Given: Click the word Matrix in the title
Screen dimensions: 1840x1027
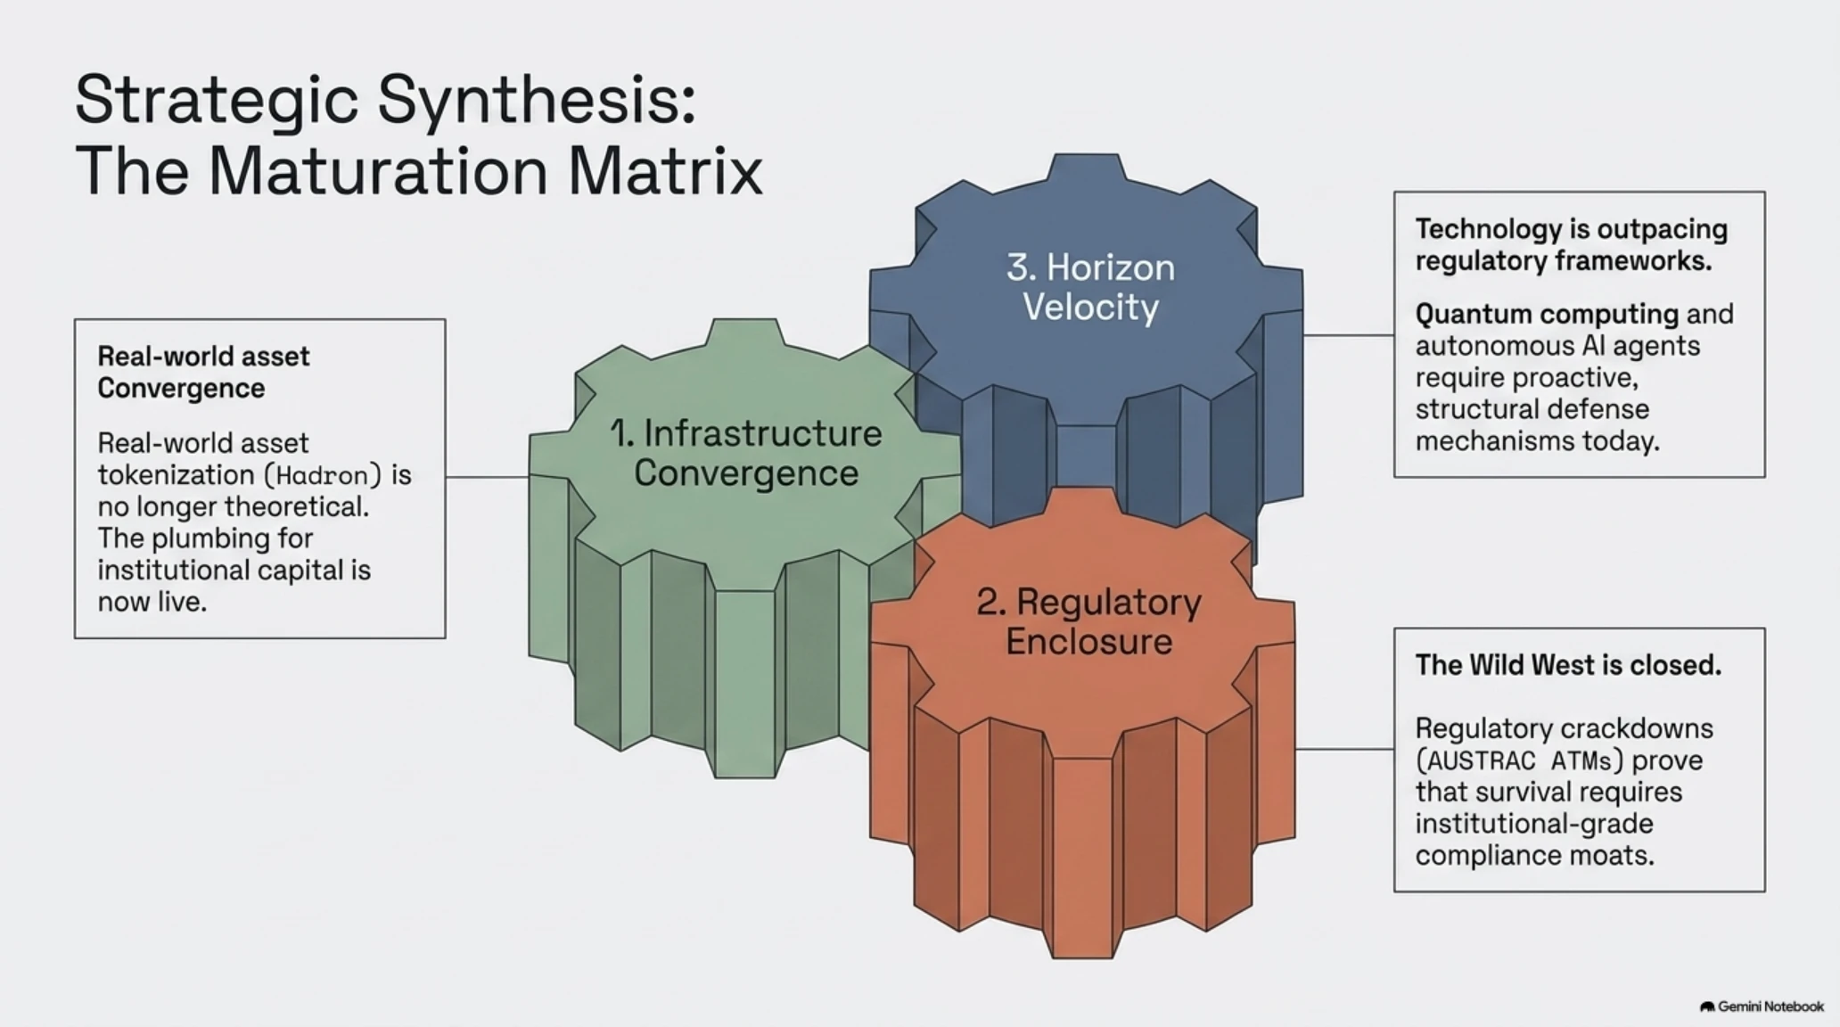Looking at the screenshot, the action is pos(665,170).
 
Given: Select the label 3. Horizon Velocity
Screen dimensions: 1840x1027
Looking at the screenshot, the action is pos(1090,287).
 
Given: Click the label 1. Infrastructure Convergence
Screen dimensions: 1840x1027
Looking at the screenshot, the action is pos(746,453).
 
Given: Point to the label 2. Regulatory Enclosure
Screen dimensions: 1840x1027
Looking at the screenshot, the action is pos(1089,621).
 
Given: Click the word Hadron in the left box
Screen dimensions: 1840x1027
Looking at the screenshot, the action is pos(322,475).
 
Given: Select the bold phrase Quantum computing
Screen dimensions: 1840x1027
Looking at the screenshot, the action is pos(1547,314).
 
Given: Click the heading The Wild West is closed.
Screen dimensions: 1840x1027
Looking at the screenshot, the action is pos(1568,665).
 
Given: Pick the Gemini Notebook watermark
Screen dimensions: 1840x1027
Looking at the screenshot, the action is pos(1762,1006).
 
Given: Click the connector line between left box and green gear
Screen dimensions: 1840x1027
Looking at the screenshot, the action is pos(488,477).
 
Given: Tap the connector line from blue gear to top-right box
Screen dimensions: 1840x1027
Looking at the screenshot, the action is pos(1348,335).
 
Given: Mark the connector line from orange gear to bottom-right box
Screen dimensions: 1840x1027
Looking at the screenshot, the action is pos(1344,749).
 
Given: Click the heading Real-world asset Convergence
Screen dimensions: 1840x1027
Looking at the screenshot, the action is pos(203,372).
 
